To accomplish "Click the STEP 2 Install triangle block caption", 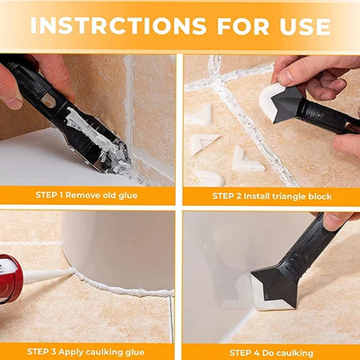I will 270,196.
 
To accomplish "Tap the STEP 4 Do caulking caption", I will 270,351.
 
